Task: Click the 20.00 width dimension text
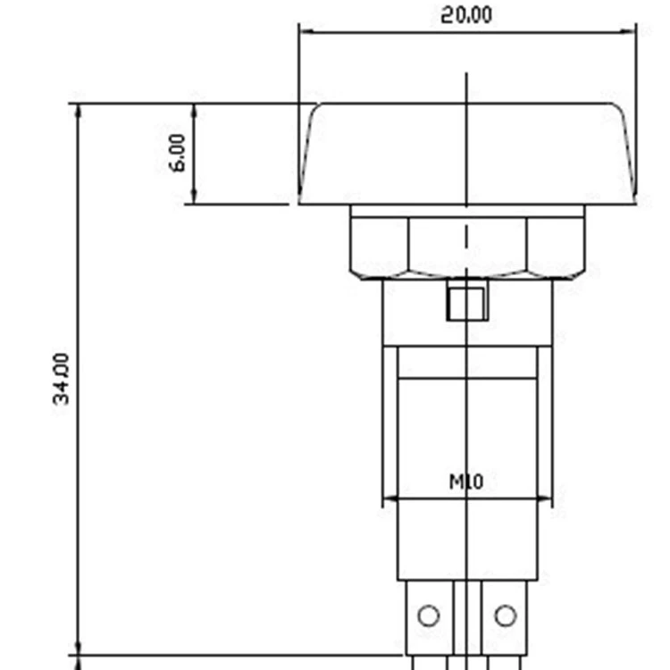(466, 15)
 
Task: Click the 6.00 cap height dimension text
(178, 153)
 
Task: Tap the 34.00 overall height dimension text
(61, 379)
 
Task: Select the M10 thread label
(466, 482)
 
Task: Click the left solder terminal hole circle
(429, 616)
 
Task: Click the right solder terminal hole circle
(506, 616)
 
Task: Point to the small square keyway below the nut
(466, 304)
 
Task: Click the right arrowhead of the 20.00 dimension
(628, 31)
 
